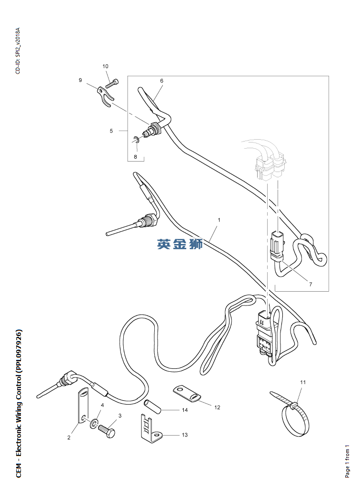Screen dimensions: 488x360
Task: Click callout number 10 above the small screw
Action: point(105,66)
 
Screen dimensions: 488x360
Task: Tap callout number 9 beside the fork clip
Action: point(80,80)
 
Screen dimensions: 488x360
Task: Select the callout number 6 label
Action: point(161,81)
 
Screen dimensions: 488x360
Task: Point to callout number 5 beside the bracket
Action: point(111,131)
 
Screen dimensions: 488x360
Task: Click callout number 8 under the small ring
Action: point(135,156)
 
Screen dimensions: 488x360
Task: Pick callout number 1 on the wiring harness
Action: point(219,220)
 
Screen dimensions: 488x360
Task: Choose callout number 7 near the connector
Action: point(310,284)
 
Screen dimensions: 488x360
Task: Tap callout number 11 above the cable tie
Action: point(303,382)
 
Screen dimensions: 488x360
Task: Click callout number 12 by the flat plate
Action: point(217,407)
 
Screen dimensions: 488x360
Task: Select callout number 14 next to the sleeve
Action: point(185,410)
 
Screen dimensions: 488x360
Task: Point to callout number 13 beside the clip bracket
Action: point(185,435)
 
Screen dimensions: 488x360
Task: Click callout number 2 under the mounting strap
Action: point(69,437)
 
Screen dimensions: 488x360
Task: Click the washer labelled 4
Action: point(94,422)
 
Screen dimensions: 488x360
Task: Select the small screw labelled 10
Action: point(112,84)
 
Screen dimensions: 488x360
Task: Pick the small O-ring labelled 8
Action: point(136,140)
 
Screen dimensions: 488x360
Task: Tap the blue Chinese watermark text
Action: point(180,244)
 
